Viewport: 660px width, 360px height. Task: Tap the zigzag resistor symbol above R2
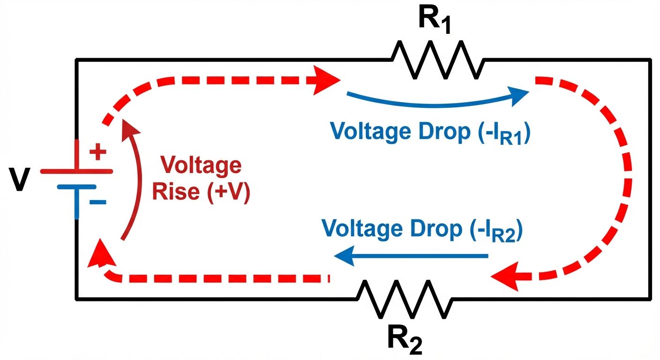(405, 299)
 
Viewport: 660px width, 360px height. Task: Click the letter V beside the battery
(18, 181)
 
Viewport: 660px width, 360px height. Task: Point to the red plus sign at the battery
(98, 152)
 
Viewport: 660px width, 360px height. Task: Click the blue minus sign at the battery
(98, 202)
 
